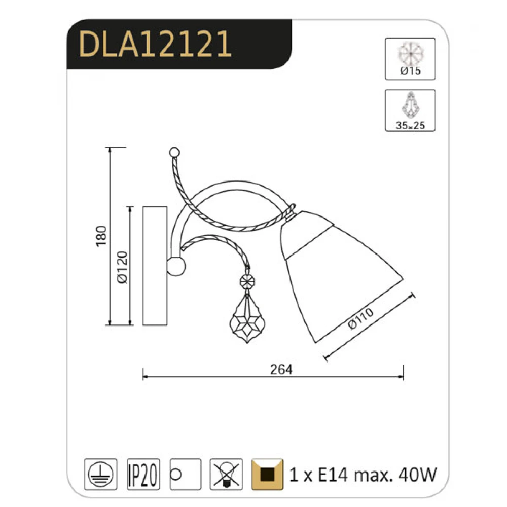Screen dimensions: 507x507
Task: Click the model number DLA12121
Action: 155,44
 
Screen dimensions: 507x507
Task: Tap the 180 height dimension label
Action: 101,236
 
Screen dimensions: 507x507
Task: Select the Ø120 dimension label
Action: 122,267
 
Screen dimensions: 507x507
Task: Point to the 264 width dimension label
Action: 281,369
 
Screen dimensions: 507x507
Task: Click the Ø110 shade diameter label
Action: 361,318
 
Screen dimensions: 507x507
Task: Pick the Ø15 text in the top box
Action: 410,70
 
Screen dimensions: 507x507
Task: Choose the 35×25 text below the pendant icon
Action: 410,125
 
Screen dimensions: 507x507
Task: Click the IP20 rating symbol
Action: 143,474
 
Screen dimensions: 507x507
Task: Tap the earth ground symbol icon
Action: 100,474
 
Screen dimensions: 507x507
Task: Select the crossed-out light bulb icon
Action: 226,474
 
